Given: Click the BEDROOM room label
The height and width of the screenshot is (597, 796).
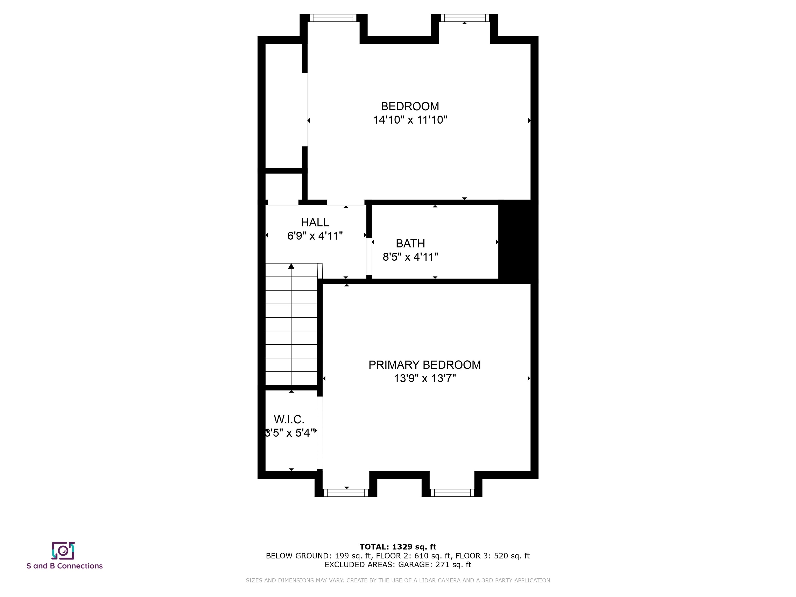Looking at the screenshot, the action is coord(410,106).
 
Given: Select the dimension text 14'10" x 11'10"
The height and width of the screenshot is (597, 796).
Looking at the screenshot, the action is coord(410,120).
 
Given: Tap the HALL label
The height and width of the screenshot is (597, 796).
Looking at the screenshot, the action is coord(315,222).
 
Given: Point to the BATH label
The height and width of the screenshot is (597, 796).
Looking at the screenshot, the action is coord(410,244).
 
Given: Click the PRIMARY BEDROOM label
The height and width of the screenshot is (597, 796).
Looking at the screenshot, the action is coord(425,365).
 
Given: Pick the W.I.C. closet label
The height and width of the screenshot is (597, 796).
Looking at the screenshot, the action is coord(289,419).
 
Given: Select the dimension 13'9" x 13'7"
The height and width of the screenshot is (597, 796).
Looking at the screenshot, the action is coord(425,379).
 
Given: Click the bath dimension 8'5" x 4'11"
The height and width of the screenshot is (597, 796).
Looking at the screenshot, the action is coord(410,257).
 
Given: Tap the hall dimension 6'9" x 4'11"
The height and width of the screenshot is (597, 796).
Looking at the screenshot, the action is coord(315,236).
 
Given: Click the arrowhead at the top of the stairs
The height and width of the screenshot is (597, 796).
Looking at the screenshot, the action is coord(291,266).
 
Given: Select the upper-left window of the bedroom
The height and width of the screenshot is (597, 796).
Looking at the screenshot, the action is coord(333,18).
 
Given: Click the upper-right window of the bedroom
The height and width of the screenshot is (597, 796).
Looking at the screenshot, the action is coord(465,18).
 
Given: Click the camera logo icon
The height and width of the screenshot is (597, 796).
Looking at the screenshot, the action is coord(63,551).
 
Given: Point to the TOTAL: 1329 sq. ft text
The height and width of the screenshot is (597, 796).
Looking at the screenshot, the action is coord(398,547).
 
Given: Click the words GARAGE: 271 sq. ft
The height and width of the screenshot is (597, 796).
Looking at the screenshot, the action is coord(435,565).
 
